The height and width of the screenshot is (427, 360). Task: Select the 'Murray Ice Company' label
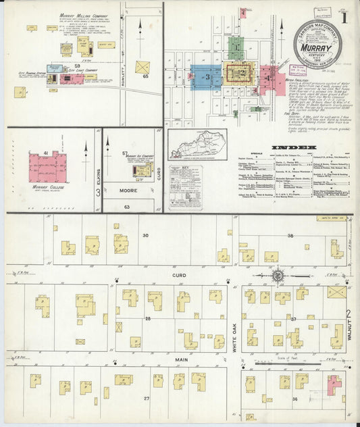[143, 157]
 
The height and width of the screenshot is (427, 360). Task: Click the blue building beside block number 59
[52, 79]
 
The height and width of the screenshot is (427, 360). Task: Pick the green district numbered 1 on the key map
[235, 47]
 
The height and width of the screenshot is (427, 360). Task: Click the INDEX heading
[292, 147]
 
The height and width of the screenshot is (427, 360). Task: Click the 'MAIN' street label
[182, 360]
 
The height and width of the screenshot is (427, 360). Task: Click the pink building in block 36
[334, 384]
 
